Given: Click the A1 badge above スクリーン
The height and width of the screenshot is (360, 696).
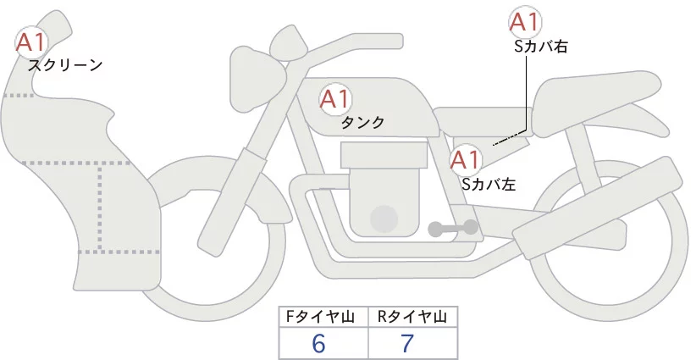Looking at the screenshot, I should point(31,41).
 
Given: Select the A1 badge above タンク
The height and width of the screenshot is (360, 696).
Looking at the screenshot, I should point(334,99).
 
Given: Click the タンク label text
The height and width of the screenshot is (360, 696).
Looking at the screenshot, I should point(362,123).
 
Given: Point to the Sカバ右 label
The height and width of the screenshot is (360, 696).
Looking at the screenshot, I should point(540,47).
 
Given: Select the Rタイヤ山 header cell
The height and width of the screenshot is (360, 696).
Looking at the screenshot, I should point(412,317).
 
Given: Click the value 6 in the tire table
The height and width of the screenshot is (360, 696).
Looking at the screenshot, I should point(319,343).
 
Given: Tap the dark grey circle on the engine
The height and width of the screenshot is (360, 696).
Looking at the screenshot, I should point(386,219).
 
